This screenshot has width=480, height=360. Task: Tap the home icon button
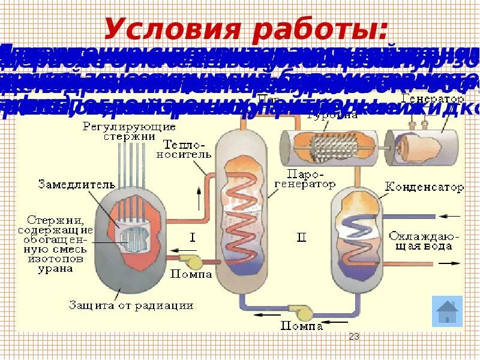click(x=447, y=311)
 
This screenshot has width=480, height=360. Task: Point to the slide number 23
click(x=354, y=337)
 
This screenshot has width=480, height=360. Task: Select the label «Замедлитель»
click(x=65, y=183)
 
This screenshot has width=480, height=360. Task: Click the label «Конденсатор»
click(x=424, y=188)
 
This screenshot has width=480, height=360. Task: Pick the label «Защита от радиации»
click(x=131, y=305)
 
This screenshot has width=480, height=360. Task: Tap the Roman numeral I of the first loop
click(x=192, y=238)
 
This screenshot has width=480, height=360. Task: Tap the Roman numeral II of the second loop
click(x=301, y=238)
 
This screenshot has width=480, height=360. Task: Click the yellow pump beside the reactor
click(x=193, y=261)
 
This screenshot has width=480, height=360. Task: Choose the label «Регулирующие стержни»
click(x=129, y=131)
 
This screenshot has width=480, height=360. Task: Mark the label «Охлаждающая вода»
click(x=424, y=240)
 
